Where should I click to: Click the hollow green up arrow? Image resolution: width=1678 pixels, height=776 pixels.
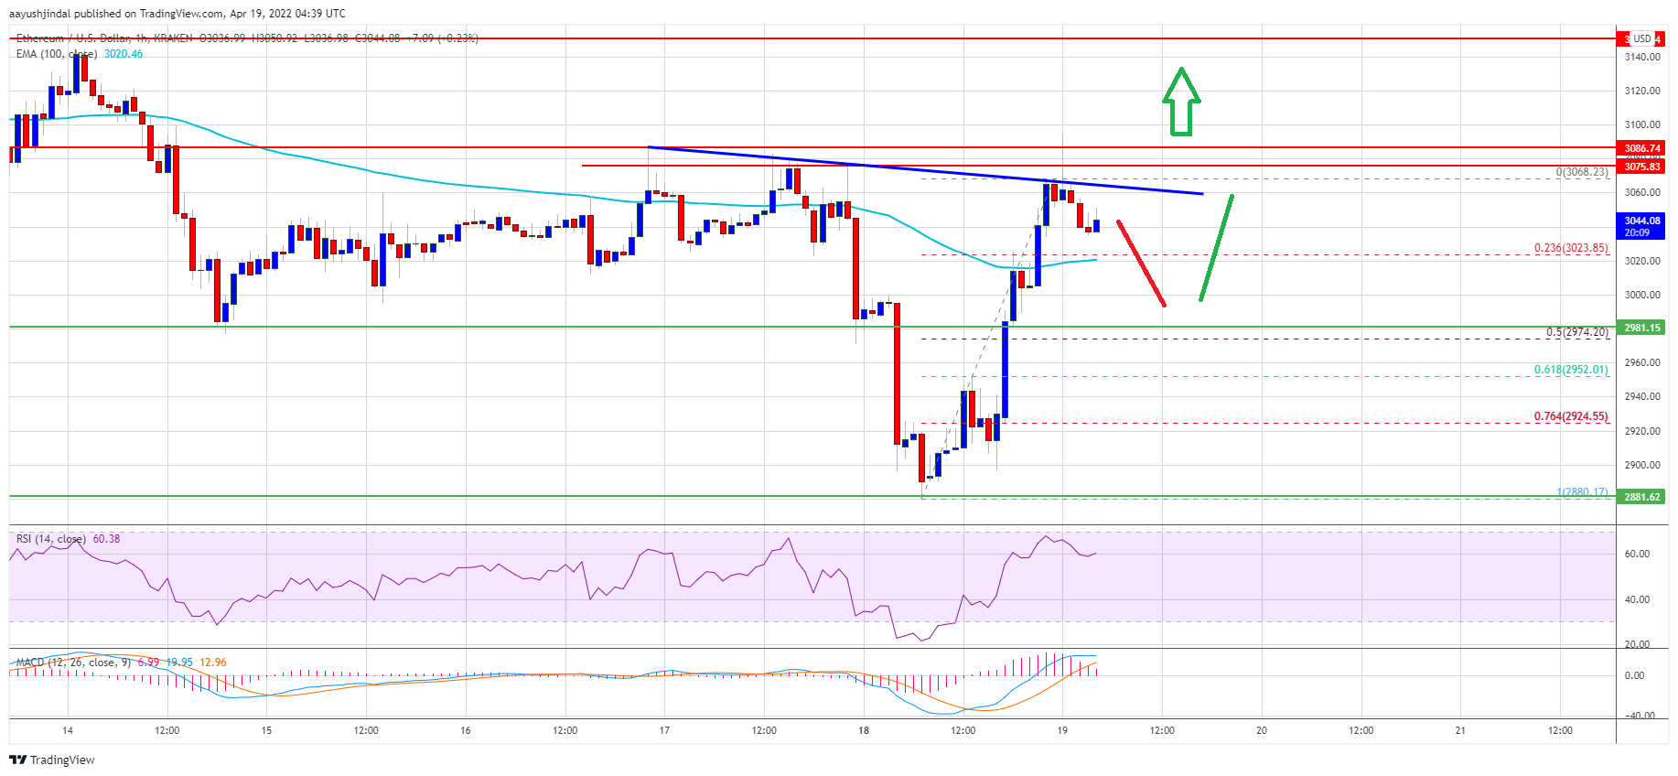tap(1181, 102)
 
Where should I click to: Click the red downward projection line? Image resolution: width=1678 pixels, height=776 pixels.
tap(1141, 264)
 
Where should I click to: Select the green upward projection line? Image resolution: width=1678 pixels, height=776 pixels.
tap(1217, 247)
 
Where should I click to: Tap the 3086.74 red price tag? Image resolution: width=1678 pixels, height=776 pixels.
tap(1642, 148)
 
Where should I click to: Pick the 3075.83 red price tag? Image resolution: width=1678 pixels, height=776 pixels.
tap(1642, 167)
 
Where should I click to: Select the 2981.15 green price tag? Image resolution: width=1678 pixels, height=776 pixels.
tap(1642, 328)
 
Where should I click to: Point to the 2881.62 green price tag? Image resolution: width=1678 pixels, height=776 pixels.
tap(1642, 497)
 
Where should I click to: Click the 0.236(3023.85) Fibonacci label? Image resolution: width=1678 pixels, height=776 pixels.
tap(1570, 248)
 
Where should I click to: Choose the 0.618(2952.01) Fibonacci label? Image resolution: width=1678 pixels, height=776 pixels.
tap(1570, 370)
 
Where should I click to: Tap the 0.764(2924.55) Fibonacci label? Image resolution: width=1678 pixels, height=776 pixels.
tap(1570, 416)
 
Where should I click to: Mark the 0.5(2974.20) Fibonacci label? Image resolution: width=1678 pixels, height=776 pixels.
tap(1576, 332)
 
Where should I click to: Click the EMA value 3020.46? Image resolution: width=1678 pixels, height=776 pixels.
tap(124, 54)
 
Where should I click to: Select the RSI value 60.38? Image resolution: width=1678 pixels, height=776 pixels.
tap(106, 539)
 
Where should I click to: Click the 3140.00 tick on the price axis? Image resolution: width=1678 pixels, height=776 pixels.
tap(1641, 57)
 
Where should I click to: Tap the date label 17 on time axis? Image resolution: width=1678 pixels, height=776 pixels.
tap(664, 730)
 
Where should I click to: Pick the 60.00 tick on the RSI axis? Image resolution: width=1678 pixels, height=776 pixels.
tap(1637, 554)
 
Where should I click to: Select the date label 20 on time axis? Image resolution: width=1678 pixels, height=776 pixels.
tap(1261, 730)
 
